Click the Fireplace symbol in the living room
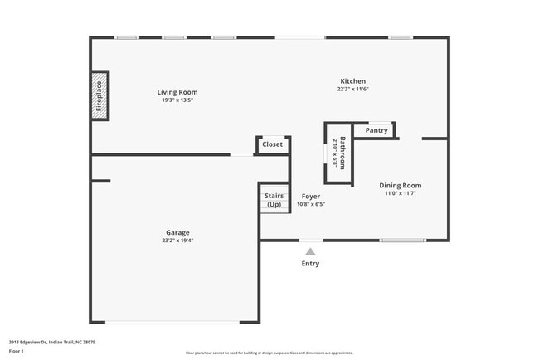point(100,95)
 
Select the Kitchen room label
point(352,81)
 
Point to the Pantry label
point(376,130)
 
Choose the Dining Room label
point(401,185)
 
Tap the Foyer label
point(311,197)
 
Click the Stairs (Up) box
point(274,200)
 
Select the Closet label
point(272,144)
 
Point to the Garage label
point(177,232)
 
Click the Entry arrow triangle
point(310,251)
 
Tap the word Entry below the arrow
point(310,264)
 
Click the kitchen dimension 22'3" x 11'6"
point(352,90)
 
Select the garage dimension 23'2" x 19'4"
point(177,241)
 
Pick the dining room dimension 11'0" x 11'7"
point(401,193)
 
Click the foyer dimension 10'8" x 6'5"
point(311,204)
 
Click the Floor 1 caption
point(17,351)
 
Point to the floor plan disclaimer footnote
point(269,352)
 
